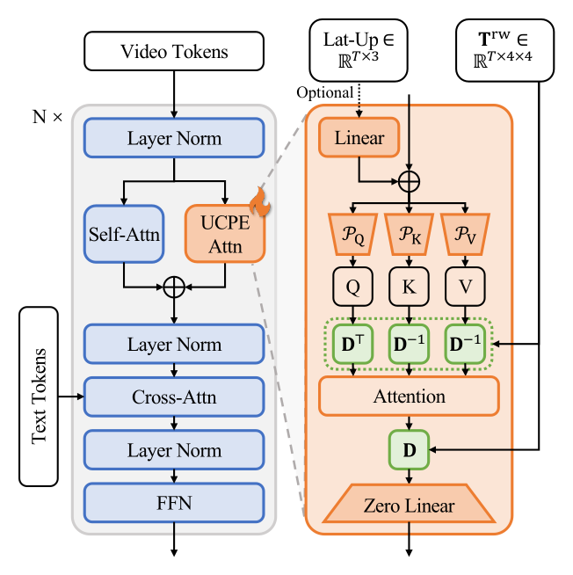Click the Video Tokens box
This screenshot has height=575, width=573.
point(174,51)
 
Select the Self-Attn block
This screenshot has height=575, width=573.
point(124,234)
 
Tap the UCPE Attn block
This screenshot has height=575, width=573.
point(225,234)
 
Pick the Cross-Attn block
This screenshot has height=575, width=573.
point(174,397)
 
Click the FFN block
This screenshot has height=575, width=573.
point(174,503)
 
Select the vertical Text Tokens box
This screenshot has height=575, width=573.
point(39,397)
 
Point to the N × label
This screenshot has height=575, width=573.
point(47,117)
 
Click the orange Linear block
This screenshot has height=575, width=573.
point(359,137)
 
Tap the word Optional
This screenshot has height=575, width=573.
point(325,93)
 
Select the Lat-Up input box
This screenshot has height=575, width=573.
point(359,50)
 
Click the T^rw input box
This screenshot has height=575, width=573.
point(504,50)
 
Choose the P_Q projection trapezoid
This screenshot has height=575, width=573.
point(353,235)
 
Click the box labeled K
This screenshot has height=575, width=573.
point(409,287)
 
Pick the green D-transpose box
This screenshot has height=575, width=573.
point(353,344)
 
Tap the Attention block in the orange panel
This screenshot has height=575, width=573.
point(409,397)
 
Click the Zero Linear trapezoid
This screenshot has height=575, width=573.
point(409,504)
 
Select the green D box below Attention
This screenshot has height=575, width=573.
point(409,449)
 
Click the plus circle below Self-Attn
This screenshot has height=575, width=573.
point(174,287)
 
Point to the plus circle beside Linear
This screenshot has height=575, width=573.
point(409,181)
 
